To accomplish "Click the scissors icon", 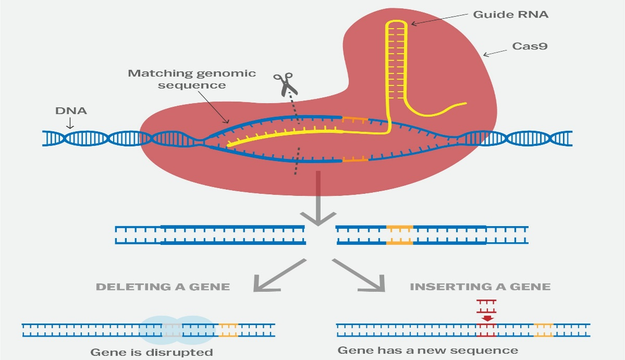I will click(284, 84).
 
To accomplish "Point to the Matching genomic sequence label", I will click(192, 79).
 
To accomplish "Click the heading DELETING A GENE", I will click(163, 287).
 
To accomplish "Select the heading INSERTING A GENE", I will click(480, 287).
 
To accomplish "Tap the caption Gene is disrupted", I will click(152, 352).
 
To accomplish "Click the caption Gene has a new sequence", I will click(427, 350).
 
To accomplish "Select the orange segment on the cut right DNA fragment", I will click(399, 235).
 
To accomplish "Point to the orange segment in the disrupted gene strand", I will click(228, 329).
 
